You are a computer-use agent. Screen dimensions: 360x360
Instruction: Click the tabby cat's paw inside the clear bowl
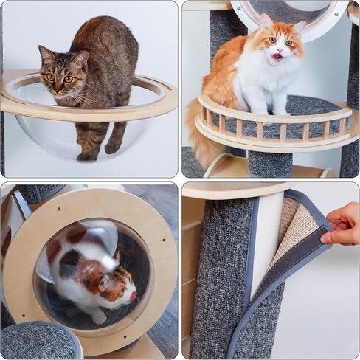click(87, 156)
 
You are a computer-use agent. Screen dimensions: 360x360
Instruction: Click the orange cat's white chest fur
click(266, 81)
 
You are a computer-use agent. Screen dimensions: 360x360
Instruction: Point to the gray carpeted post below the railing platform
click(269, 164)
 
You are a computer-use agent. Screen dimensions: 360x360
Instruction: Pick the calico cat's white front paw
click(97, 318)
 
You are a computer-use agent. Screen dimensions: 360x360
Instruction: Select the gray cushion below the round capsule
click(37, 341)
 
